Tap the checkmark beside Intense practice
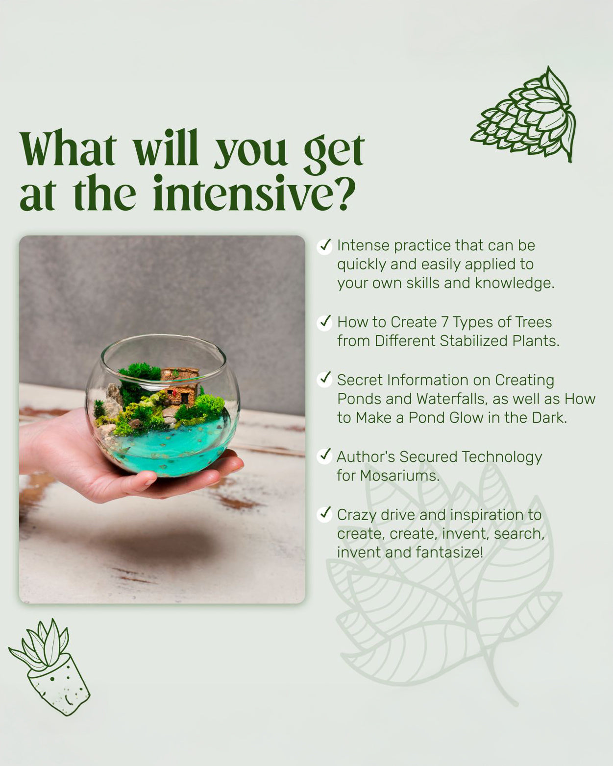324,246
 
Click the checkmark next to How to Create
324,322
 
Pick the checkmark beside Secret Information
324,380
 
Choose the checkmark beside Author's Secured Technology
324,456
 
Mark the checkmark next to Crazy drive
324,514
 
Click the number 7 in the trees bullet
445,322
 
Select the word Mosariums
400,476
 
